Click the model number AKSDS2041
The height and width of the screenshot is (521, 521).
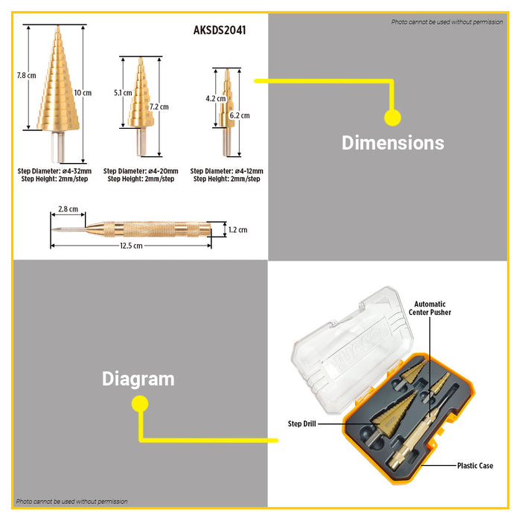pyautogui.click(x=219, y=31)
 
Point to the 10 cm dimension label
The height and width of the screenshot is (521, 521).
pyautogui.click(x=83, y=92)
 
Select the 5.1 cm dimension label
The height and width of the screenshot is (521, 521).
pyautogui.click(x=123, y=93)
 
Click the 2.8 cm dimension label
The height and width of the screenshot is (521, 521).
pyautogui.click(x=68, y=211)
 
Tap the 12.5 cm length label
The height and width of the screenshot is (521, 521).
pyautogui.click(x=130, y=246)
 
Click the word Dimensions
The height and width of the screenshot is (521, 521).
pyautogui.click(x=392, y=142)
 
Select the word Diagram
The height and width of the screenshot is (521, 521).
pyautogui.click(x=138, y=379)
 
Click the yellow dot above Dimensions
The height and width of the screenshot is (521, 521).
pyautogui.click(x=392, y=117)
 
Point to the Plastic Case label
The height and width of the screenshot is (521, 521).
pyautogui.click(x=475, y=466)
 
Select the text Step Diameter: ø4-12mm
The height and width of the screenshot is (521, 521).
pyautogui.click(x=226, y=171)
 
